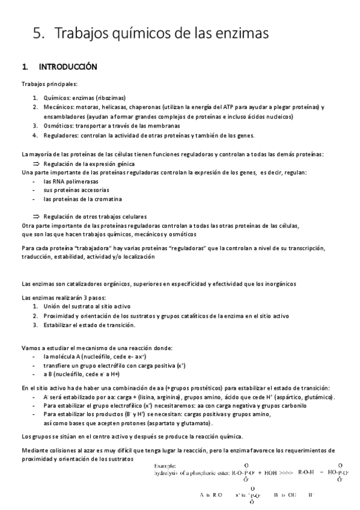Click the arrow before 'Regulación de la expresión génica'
pyautogui.click(x=35, y=163)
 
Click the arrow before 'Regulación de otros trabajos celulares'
pyautogui.click(x=35, y=217)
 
